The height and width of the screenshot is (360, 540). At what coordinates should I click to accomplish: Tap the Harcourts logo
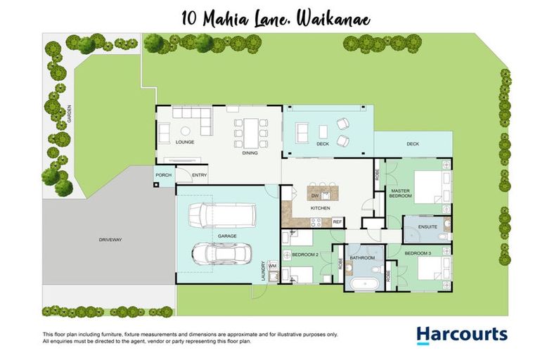click(461, 334)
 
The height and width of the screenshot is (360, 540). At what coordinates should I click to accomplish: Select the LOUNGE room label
click(185, 142)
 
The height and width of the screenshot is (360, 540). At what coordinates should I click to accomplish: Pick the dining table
click(251, 131)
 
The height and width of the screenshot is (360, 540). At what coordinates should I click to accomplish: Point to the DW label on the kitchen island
click(316, 196)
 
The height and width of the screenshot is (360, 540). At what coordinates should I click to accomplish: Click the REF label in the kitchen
click(337, 221)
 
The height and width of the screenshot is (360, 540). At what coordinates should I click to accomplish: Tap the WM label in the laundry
click(272, 266)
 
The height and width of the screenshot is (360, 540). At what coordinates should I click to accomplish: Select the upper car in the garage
click(218, 215)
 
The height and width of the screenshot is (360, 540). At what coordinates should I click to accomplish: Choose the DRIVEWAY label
click(110, 240)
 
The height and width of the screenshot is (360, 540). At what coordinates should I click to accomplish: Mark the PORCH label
click(163, 175)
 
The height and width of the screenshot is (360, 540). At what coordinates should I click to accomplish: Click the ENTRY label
click(200, 175)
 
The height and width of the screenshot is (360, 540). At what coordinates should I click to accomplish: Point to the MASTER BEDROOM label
click(400, 193)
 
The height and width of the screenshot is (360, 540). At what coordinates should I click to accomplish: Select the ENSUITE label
click(427, 227)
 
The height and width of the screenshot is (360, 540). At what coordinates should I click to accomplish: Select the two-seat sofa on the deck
click(302, 131)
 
